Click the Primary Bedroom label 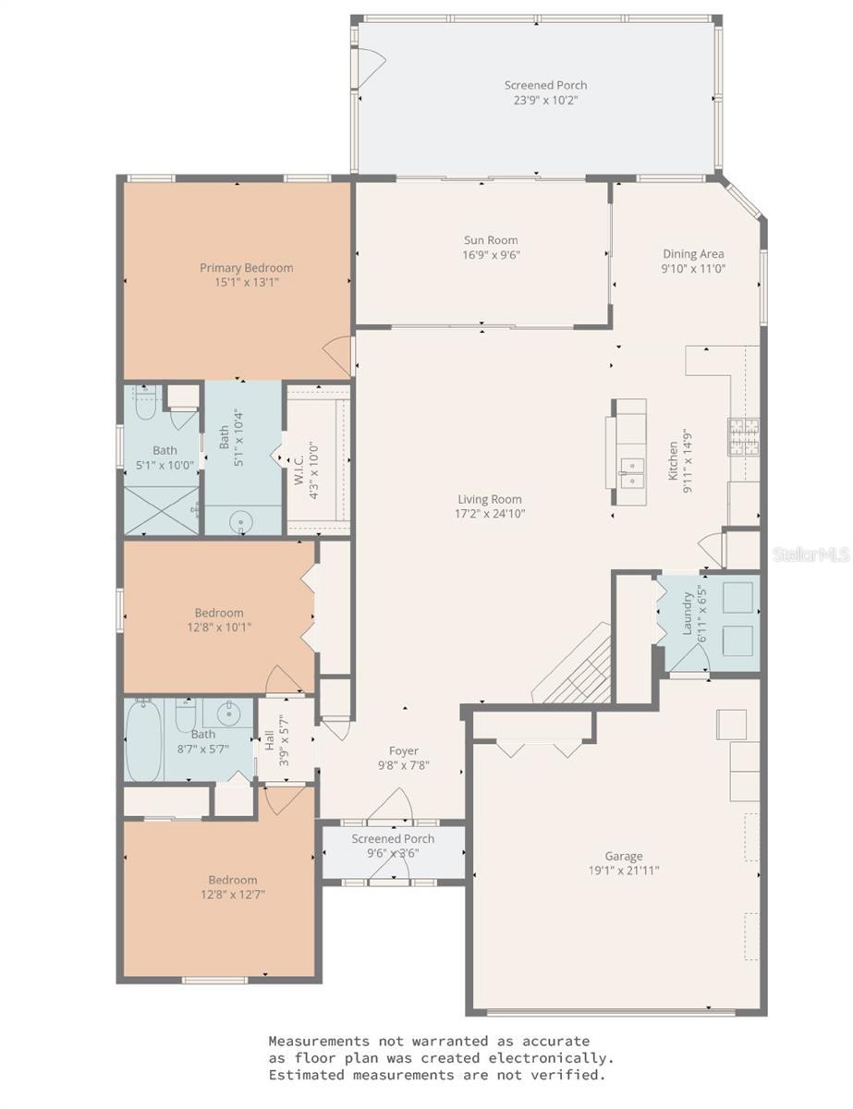click(246, 268)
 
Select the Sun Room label click(491, 240)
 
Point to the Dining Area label click(692, 254)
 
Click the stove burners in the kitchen click(745, 438)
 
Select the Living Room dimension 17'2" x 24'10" click(491, 514)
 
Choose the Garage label click(624, 856)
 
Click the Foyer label click(404, 750)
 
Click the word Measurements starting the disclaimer click(318, 1042)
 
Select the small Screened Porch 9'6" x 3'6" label click(393, 846)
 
